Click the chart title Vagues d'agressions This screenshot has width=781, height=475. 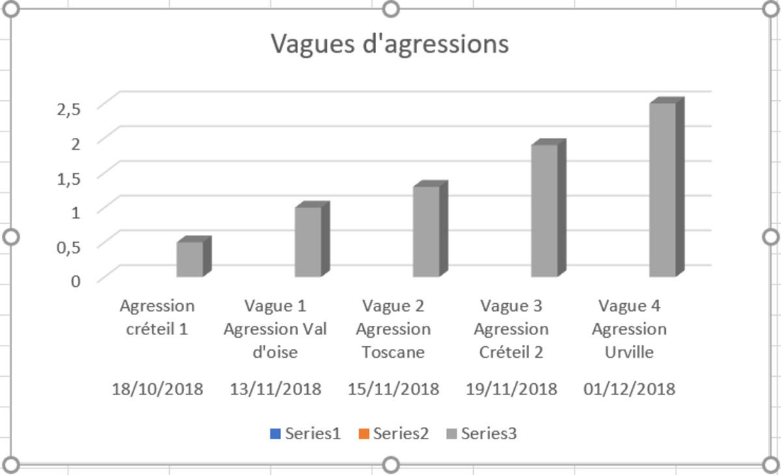tap(389, 44)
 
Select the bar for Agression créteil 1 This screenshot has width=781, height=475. tap(190, 260)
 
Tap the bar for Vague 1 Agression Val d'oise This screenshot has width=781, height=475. tap(308, 242)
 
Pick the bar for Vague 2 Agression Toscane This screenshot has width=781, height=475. tap(426, 232)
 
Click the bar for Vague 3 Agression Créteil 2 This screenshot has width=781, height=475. tap(544, 210)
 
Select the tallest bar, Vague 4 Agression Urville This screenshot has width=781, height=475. tap(662, 189)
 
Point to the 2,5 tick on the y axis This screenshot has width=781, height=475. tap(69, 109)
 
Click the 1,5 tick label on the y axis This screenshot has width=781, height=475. tap(69, 178)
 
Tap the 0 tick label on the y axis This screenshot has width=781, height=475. tap(77, 280)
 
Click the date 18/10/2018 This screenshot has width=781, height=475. tap(158, 389)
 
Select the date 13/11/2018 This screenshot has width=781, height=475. tap(275, 389)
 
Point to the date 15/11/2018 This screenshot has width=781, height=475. tap(393, 389)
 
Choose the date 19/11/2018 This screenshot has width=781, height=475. tap(512, 389)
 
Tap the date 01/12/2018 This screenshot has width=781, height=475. tap(629, 389)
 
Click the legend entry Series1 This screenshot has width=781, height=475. tap(305, 434)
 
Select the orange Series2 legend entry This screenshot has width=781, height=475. tap(393, 434)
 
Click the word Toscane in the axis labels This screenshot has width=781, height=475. tap(393, 353)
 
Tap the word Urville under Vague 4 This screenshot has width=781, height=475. tap(629, 353)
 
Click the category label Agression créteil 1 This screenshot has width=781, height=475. tap(158, 317)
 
